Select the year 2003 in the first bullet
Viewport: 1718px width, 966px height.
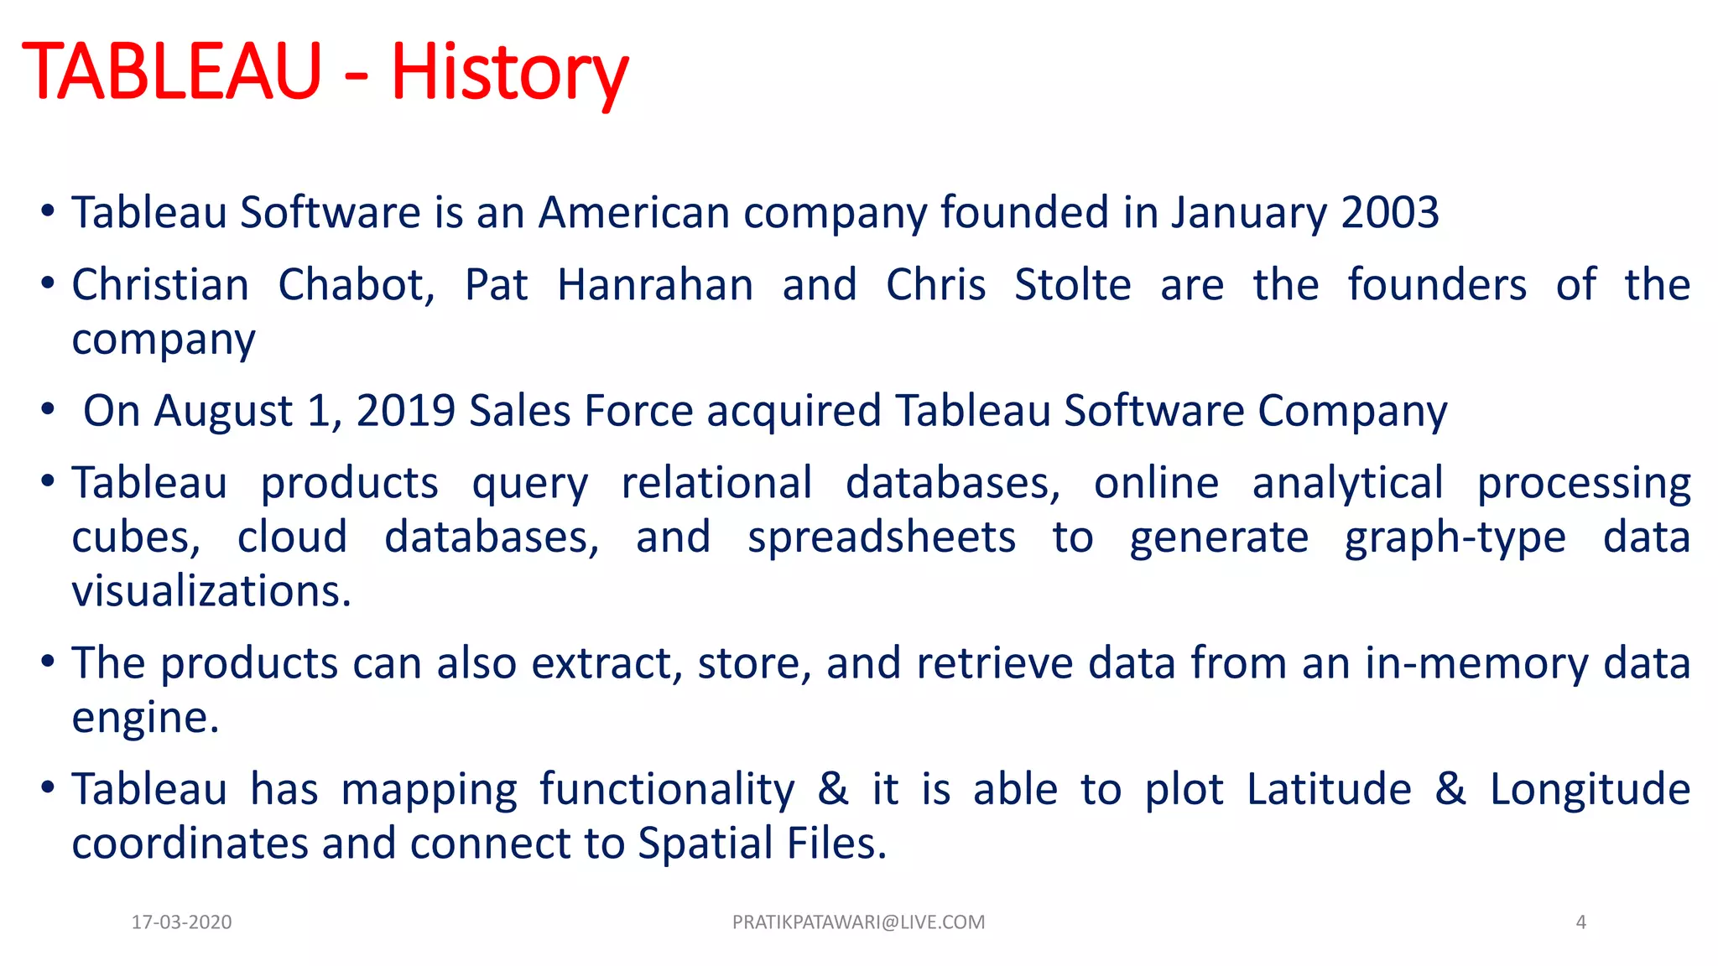[x=1390, y=212]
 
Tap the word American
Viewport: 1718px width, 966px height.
[x=634, y=212]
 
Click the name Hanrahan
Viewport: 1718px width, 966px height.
[x=655, y=285]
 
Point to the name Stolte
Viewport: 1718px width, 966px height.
[x=1072, y=285]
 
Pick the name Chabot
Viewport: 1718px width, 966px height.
[x=356, y=285]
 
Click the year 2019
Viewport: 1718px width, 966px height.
[x=405, y=411]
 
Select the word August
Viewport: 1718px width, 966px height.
[x=223, y=411]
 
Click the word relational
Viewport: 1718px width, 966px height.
[x=716, y=483]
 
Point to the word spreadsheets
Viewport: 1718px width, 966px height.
[x=881, y=538]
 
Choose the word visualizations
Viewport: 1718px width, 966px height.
[x=211, y=591]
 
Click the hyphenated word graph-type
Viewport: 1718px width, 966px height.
[x=1455, y=538]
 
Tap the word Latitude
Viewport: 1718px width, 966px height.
[x=1329, y=789]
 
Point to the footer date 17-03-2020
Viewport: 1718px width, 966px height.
[x=181, y=922]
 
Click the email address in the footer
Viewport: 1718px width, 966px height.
[x=858, y=922]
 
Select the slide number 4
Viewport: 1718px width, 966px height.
[x=1580, y=922]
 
